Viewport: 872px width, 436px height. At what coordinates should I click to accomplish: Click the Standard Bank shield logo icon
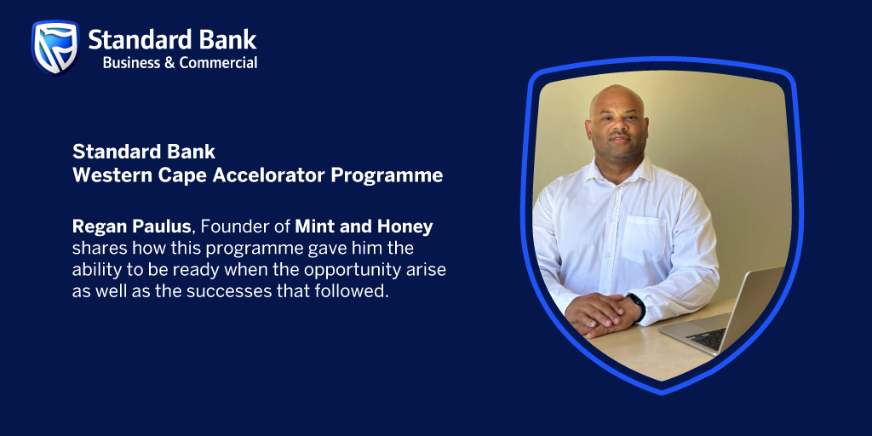(x=55, y=47)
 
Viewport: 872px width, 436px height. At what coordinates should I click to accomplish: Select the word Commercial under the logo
(x=218, y=62)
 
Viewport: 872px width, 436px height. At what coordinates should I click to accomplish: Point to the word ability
(x=96, y=270)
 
